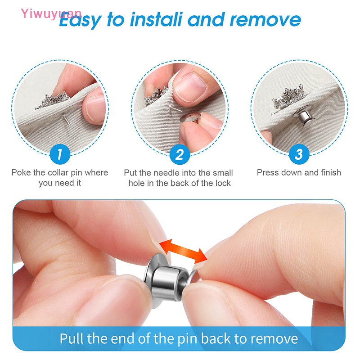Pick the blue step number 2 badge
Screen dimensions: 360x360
pos(179,155)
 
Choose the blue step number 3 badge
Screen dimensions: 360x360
pos(298,155)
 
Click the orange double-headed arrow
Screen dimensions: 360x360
pos(185,250)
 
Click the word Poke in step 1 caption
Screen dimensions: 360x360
pos(21,173)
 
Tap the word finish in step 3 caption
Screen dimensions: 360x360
pos(328,173)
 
